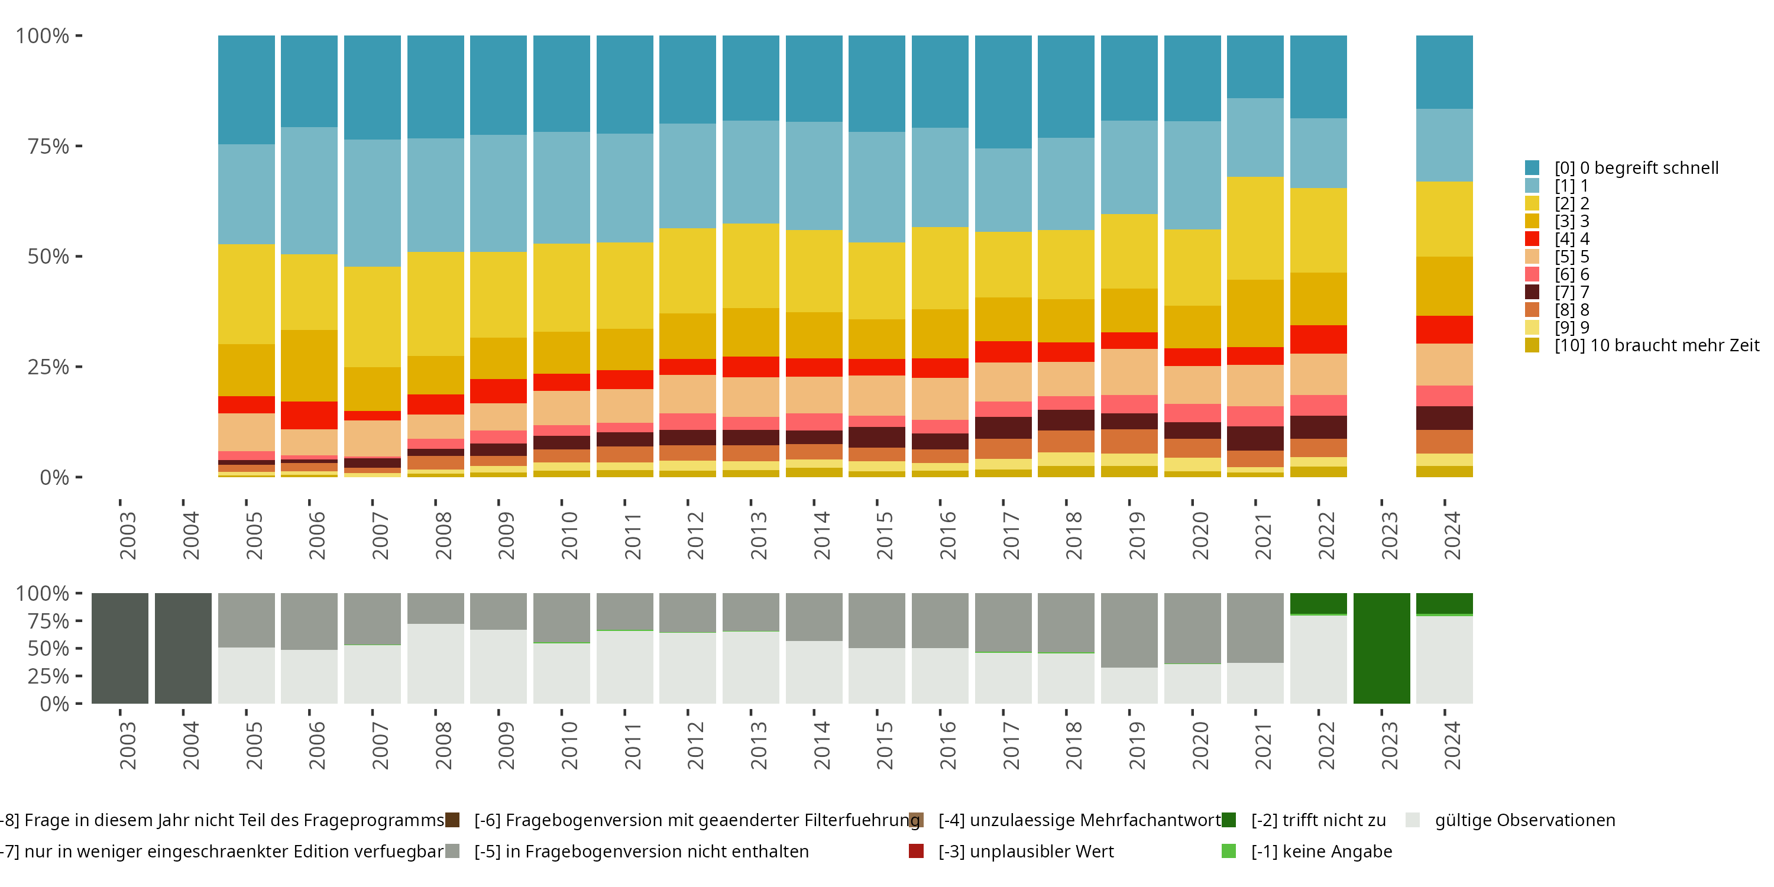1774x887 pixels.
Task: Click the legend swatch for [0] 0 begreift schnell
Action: coord(1532,167)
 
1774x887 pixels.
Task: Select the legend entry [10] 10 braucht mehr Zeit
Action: coord(1656,345)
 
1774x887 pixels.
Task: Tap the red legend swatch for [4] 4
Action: coord(1532,239)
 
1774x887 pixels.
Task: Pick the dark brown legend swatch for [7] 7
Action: coord(1532,292)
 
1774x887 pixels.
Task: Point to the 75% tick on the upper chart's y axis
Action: coord(79,146)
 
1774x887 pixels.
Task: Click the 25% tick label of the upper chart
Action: coord(48,367)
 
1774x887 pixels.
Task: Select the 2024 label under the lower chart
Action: coord(1452,746)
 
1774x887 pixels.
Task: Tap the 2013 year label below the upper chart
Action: coord(758,536)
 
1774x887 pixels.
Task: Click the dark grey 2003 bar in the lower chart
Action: coord(120,648)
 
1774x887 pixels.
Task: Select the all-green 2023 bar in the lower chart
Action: coord(1381,648)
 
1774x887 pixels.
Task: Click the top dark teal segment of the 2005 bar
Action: coord(247,89)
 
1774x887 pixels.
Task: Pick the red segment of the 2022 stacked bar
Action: coord(1318,339)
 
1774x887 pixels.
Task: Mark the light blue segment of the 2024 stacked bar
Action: coord(1444,145)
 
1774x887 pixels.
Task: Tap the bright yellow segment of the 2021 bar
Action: coord(1255,228)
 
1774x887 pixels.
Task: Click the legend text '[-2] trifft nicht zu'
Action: coord(1318,820)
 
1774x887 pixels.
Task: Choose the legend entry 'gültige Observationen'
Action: coord(1524,820)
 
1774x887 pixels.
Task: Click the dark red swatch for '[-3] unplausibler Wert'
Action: coord(916,851)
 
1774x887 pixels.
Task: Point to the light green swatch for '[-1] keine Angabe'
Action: coord(1229,851)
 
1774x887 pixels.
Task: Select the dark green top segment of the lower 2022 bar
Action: coord(1318,603)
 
